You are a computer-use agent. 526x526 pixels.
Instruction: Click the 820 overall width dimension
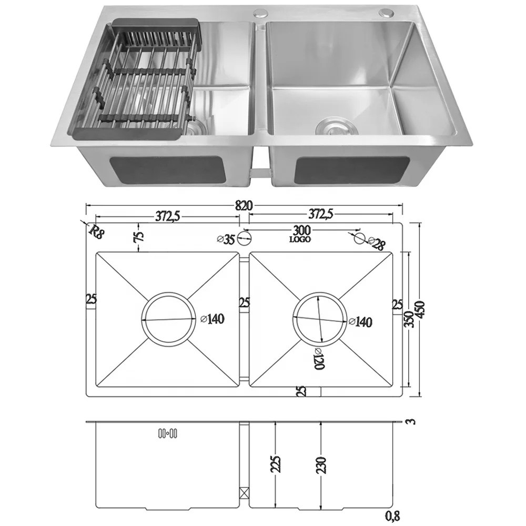click(x=244, y=205)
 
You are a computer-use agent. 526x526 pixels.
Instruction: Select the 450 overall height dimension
click(x=420, y=310)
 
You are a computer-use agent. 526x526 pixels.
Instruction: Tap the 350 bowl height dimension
click(x=409, y=319)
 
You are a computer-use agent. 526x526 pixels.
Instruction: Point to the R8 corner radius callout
click(x=95, y=231)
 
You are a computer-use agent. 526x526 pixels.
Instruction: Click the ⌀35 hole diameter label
click(x=226, y=239)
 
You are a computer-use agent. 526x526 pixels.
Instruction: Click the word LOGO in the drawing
click(x=300, y=239)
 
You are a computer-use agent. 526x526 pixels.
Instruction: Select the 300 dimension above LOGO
click(x=302, y=231)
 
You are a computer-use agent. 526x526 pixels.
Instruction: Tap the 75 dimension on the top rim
click(x=139, y=236)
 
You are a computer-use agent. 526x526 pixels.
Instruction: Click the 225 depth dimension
click(x=276, y=464)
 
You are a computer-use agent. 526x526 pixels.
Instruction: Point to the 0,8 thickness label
click(x=392, y=516)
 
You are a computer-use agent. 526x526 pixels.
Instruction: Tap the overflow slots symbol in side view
click(x=168, y=434)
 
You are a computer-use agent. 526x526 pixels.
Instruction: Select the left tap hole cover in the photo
click(x=260, y=14)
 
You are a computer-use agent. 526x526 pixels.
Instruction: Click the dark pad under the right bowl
click(x=352, y=170)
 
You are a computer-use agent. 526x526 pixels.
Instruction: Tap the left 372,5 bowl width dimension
click(x=167, y=217)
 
